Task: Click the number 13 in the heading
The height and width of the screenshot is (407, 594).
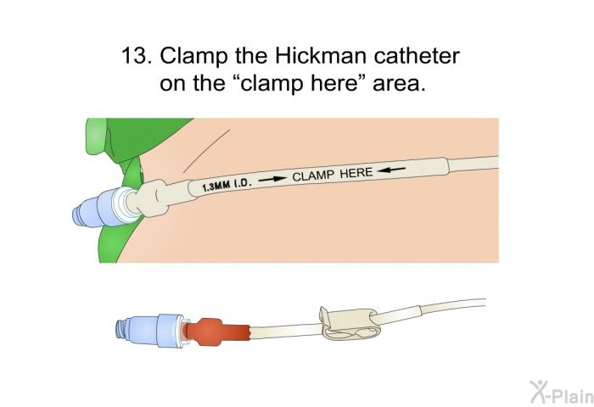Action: coord(134,56)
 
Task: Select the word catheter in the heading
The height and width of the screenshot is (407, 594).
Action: coord(417,56)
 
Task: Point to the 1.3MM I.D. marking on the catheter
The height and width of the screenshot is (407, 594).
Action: coord(227,185)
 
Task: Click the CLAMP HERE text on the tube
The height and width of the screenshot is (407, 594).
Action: coord(333,175)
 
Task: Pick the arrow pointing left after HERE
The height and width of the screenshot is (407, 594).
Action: coord(391,170)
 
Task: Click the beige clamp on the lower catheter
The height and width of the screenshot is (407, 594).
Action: coord(349,322)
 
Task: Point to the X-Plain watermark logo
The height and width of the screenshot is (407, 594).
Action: coord(562,393)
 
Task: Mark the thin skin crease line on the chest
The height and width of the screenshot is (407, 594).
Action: coord(206,152)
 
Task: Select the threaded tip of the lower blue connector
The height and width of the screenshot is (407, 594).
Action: coord(121,329)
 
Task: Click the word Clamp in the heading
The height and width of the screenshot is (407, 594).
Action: coord(193,57)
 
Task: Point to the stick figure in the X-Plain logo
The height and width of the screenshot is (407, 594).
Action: coord(538,392)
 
